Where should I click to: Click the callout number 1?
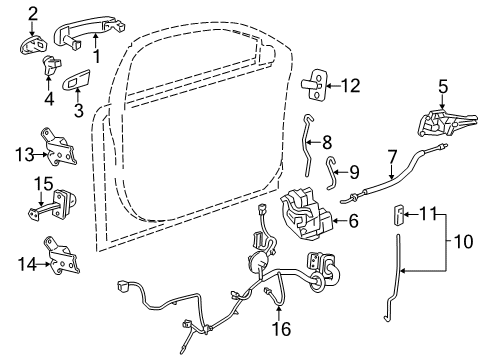[x=97, y=56]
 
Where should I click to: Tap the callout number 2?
[x=32, y=12]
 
